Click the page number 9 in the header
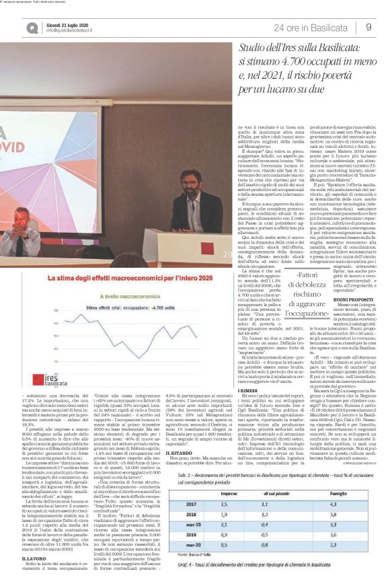[368, 27]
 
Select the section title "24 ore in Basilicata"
[313, 27]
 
